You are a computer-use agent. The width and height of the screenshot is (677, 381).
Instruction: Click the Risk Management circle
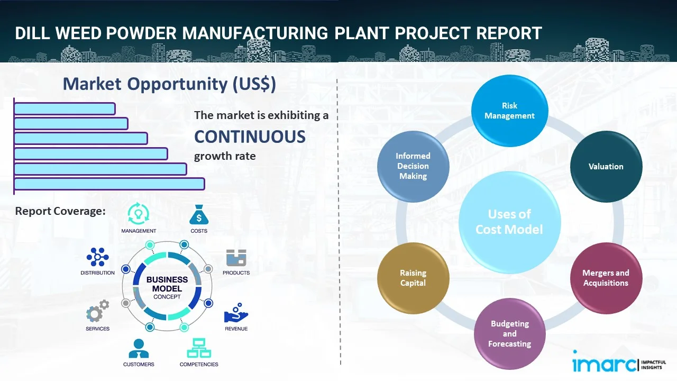[x=509, y=111]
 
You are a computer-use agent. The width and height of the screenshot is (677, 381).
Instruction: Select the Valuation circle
[x=606, y=166]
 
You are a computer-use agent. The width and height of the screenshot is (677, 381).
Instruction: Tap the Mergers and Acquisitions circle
[x=606, y=278]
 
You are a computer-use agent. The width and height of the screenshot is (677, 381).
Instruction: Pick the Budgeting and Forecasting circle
[x=509, y=333]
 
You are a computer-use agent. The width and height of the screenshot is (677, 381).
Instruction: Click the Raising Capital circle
[x=413, y=278]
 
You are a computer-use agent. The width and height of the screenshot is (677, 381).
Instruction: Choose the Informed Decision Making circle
[x=413, y=166]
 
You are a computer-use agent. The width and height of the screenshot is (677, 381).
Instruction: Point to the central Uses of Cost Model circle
[x=509, y=222]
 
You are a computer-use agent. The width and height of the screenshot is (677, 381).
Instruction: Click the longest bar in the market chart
[x=109, y=184]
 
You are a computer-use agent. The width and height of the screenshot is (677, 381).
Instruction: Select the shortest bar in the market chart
[x=65, y=108]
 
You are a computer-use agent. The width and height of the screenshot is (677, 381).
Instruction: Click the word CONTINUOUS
[x=250, y=137]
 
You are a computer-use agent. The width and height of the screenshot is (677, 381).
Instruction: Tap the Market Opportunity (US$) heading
[x=169, y=84]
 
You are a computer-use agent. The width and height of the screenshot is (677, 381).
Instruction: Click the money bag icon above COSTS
[x=199, y=215]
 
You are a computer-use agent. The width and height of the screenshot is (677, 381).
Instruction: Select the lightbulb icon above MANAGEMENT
[x=139, y=214]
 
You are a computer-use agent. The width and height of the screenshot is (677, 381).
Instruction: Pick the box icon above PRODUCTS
[x=236, y=258]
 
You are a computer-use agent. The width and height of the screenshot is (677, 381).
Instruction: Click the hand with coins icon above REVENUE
[x=236, y=313]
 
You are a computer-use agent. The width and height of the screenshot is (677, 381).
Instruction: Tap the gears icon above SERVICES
[x=97, y=312]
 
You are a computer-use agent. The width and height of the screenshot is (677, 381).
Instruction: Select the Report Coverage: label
[x=60, y=211]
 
